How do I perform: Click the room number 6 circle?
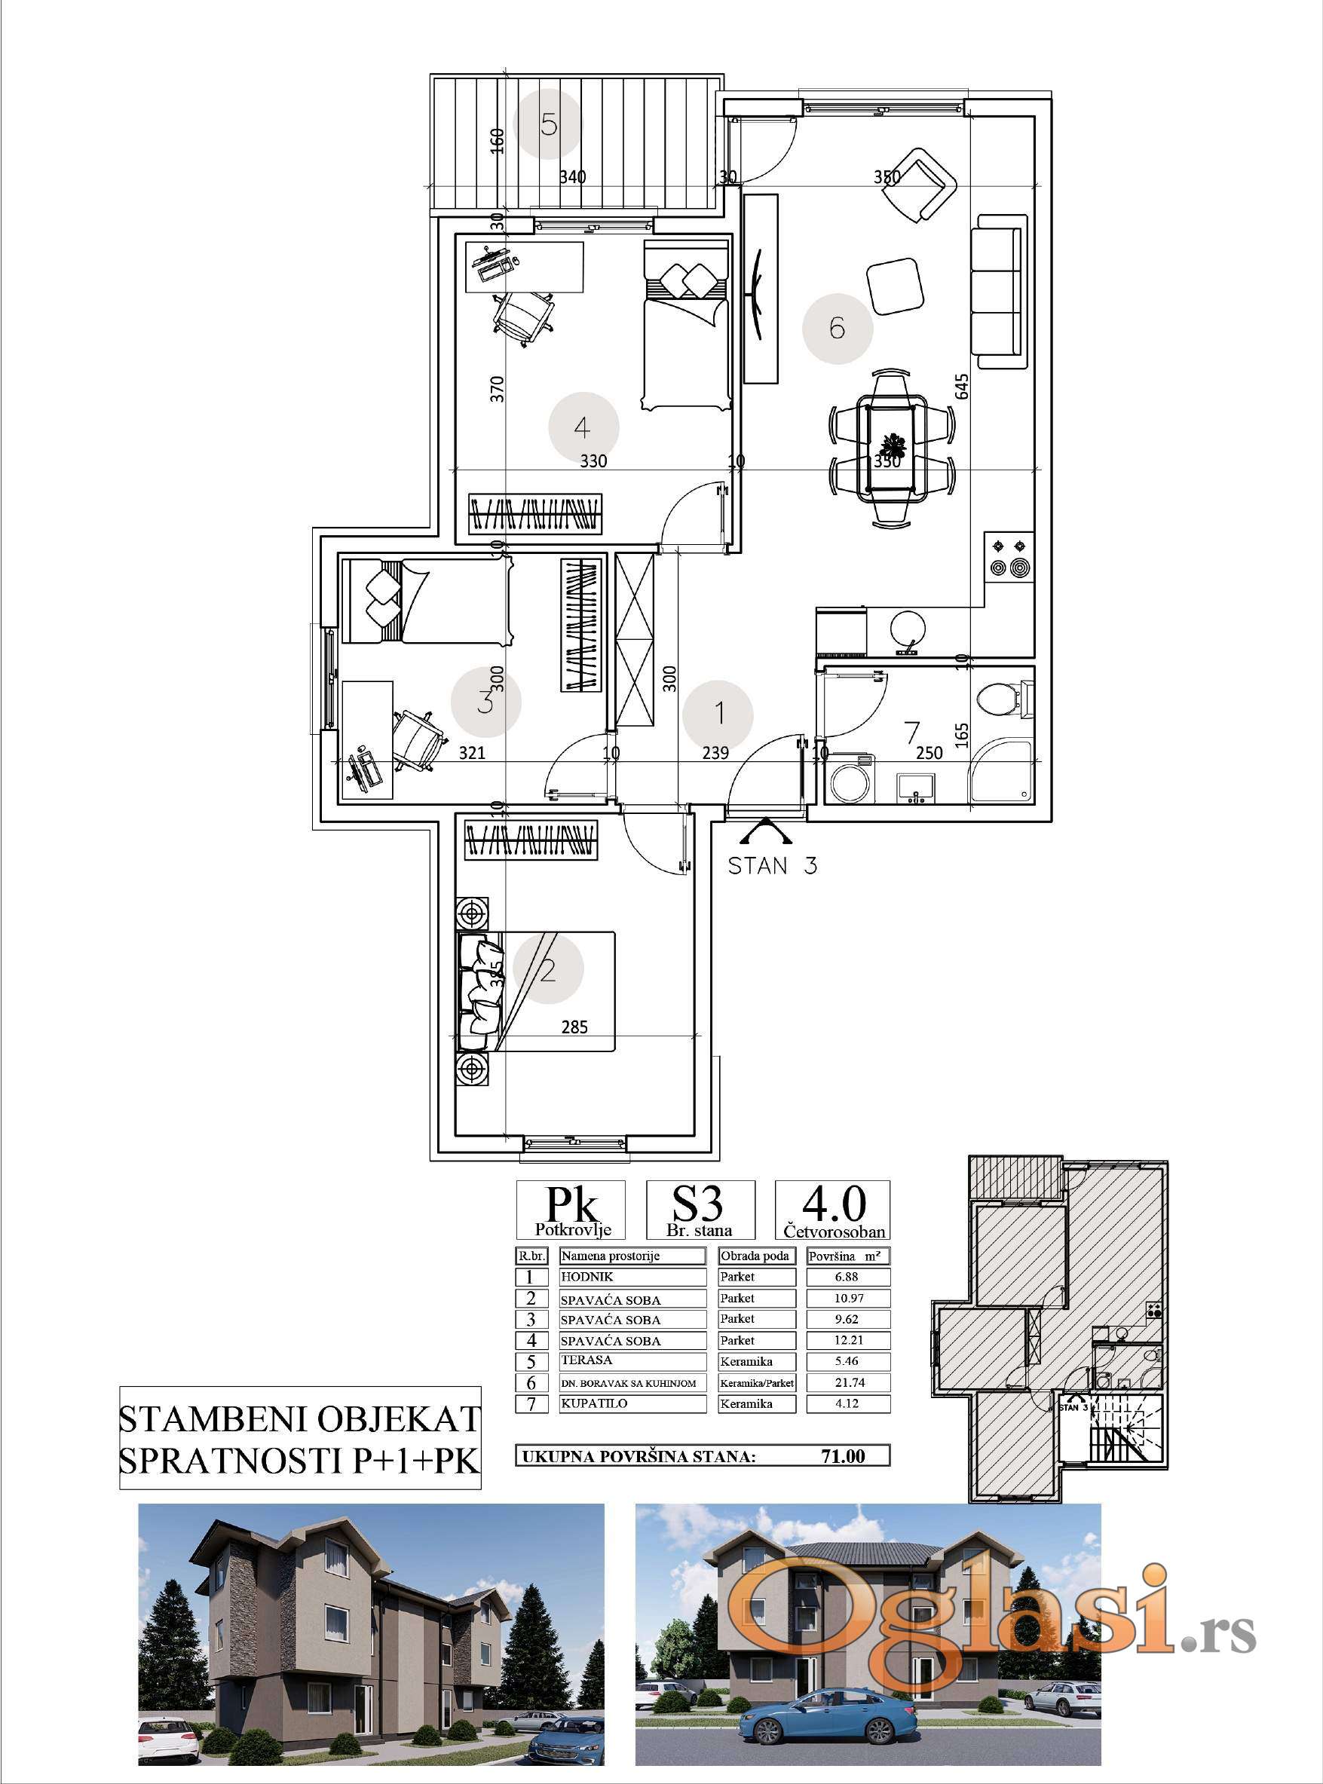coord(838,328)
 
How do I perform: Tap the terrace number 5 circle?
coord(548,124)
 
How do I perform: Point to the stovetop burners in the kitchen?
coord(1008,557)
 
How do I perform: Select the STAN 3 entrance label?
coord(772,865)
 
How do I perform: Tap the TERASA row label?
coord(587,1360)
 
